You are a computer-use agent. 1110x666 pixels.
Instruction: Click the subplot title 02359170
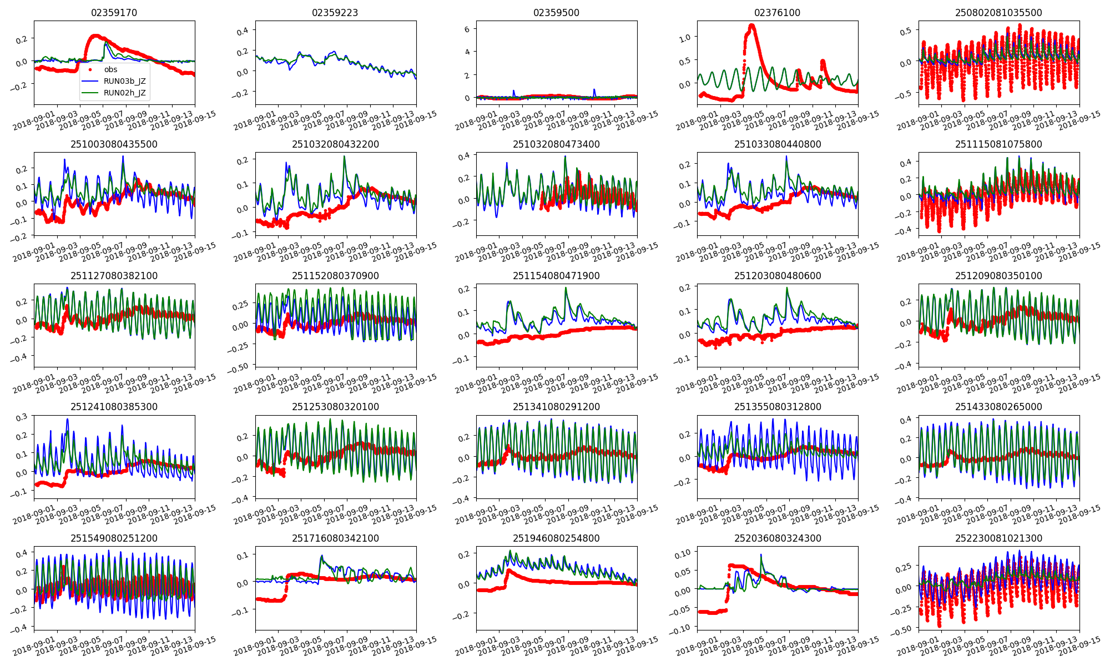[x=114, y=13]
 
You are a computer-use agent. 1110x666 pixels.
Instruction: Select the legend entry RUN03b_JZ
[x=124, y=81]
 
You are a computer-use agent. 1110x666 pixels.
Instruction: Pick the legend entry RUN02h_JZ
[x=124, y=93]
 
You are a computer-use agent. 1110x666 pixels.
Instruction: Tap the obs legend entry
[x=110, y=69]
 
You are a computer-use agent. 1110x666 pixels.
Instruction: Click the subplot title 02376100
[x=778, y=13]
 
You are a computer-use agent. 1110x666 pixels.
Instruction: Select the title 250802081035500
[x=998, y=13]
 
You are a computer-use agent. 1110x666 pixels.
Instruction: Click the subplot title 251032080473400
[x=556, y=144]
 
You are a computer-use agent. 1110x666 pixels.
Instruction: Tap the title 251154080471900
[x=556, y=276]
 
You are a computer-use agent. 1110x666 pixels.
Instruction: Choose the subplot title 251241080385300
[x=114, y=407]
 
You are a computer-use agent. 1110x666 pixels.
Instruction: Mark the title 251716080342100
[x=335, y=538]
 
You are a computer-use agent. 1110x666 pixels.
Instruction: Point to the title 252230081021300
[x=998, y=538]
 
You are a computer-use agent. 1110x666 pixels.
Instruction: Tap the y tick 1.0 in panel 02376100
[x=684, y=38]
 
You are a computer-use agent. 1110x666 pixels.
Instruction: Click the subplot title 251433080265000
[x=998, y=407]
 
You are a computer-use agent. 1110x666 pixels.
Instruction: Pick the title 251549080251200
[x=114, y=538]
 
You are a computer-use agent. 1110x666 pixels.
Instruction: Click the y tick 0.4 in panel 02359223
[x=243, y=31]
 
